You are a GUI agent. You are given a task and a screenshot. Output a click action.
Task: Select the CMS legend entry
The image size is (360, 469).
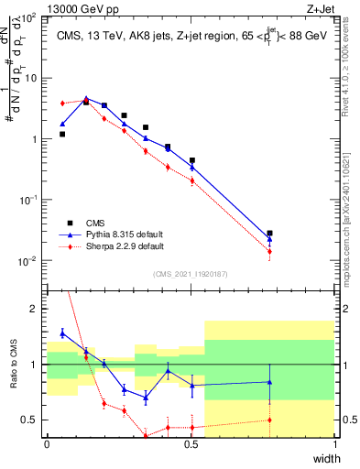[x=93, y=223]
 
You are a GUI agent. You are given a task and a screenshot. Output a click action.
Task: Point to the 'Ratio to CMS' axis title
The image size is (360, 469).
[x=12, y=375]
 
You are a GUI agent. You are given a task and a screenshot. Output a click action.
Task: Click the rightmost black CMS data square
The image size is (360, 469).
[x=269, y=234]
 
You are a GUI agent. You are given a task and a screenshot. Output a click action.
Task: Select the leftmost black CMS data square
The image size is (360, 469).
[x=62, y=134]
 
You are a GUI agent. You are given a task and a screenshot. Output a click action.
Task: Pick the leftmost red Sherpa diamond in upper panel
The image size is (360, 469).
[x=62, y=104]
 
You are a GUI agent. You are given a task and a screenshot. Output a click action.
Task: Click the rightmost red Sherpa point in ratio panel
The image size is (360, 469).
[x=269, y=420]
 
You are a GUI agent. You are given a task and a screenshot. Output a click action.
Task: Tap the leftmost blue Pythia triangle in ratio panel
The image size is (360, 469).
[x=62, y=333]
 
